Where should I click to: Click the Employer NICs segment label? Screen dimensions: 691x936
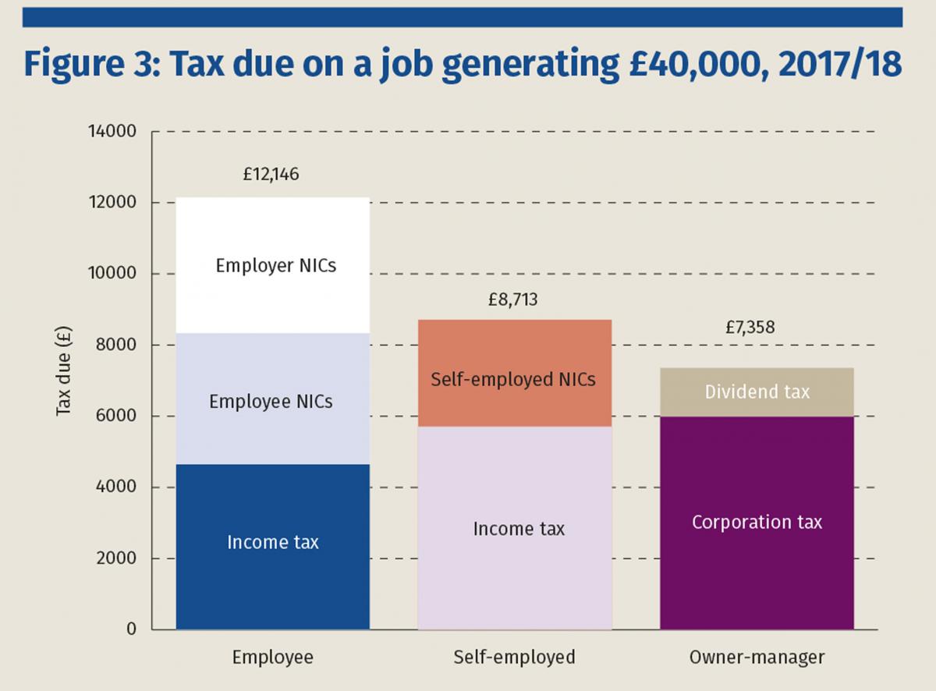[276, 266]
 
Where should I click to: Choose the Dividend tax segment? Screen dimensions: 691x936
[757, 392]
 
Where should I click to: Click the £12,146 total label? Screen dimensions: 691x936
[271, 175]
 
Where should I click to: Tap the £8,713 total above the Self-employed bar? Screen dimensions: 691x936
[513, 300]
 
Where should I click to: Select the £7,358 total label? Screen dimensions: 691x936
[750, 328]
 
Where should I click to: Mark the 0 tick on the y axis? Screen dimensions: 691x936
[132, 629]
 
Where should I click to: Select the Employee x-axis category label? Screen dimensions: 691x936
[272, 657]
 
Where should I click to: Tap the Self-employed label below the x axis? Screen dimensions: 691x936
[514, 657]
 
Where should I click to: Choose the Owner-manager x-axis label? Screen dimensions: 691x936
[757, 657]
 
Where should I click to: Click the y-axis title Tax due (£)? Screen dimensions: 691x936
[65, 382]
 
